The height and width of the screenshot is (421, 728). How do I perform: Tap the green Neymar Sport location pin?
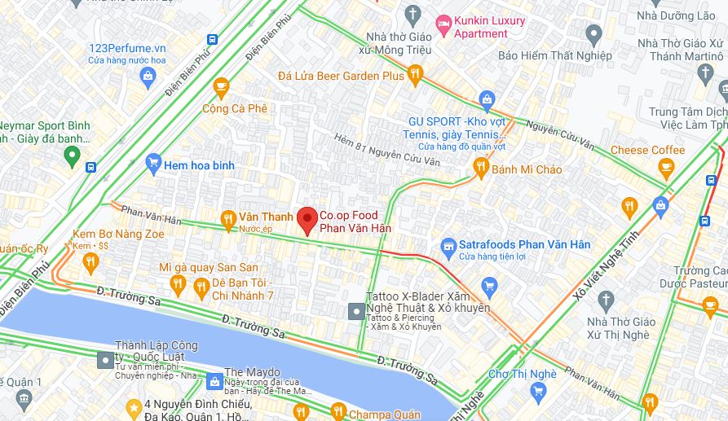pyautogui.click(x=72, y=157)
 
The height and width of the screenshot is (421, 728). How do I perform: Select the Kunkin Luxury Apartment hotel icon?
pyautogui.click(x=443, y=27)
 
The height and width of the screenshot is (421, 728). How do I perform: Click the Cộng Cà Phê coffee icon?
pyautogui.click(x=221, y=87)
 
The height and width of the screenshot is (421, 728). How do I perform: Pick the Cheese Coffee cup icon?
pyautogui.click(x=666, y=169)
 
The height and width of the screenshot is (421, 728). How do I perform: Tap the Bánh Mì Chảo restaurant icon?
pyautogui.click(x=481, y=169)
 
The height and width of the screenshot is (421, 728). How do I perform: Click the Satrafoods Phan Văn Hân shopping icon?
pyautogui.click(x=448, y=245)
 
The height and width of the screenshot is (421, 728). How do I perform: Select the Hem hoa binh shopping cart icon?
pyautogui.click(x=153, y=164)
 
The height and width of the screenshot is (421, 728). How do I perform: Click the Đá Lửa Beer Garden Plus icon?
pyautogui.click(x=415, y=76)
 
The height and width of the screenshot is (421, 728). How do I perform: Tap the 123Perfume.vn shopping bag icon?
pyautogui.click(x=148, y=78)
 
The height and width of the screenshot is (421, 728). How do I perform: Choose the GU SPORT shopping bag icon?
pyautogui.click(x=487, y=101)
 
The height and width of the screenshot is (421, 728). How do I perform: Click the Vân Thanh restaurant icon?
pyautogui.click(x=229, y=217)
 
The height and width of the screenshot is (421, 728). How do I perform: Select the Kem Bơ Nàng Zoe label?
pyautogui.click(x=118, y=234)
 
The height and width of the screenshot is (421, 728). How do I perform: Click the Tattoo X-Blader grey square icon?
pyautogui.click(x=356, y=311)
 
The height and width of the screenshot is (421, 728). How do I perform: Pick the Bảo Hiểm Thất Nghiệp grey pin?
pyautogui.click(x=593, y=34)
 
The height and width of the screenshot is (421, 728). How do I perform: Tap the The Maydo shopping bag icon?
pyautogui.click(x=214, y=381)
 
